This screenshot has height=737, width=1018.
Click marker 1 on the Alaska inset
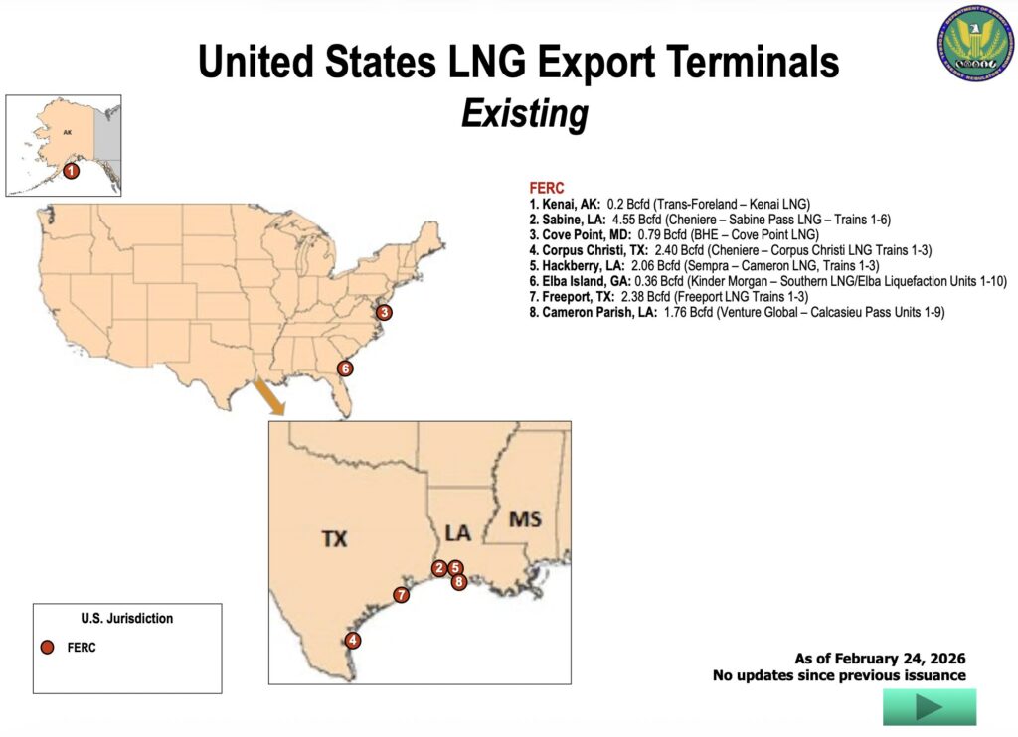click(x=71, y=171)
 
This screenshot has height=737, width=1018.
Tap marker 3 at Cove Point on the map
click(x=385, y=312)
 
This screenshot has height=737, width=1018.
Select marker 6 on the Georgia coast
click(x=345, y=368)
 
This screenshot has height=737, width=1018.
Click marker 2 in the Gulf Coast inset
click(x=439, y=568)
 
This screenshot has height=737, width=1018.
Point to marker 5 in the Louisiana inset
click(x=455, y=568)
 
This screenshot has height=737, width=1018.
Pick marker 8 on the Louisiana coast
click(x=459, y=582)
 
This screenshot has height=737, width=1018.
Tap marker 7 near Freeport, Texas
click(x=401, y=595)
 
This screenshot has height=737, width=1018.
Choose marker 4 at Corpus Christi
click(x=353, y=641)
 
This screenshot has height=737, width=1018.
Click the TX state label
click(x=334, y=538)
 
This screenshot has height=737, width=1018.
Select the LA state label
click(x=457, y=533)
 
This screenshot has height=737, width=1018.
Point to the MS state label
click(x=525, y=519)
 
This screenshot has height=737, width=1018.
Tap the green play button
click(x=929, y=707)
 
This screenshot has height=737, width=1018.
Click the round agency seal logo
click(x=972, y=48)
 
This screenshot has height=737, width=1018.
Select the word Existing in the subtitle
click(x=524, y=114)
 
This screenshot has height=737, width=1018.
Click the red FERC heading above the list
click(x=547, y=188)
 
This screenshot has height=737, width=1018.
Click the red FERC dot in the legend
click(x=47, y=648)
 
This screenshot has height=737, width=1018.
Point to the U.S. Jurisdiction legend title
click(x=126, y=618)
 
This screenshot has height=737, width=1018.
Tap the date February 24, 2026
click(x=900, y=658)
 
